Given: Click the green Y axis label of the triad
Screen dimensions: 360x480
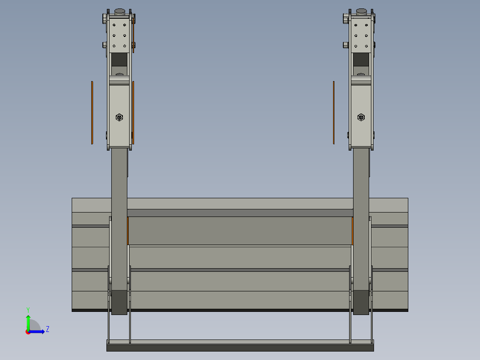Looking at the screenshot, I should pyautogui.click(x=28, y=309).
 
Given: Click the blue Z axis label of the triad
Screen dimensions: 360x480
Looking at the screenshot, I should pyautogui.click(x=47, y=329).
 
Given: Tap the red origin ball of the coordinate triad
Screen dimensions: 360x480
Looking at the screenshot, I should pyautogui.click(x=28, y=332).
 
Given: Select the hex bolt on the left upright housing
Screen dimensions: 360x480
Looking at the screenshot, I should pyautogui.click(x=119, y=117).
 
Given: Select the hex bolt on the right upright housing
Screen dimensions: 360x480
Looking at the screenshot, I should pyautogui.click(x=361, y=117).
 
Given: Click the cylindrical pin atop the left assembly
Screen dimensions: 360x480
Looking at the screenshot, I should pyautogui.click(x=119, y=11).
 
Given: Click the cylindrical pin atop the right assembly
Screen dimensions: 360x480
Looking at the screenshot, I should pyautogui.click(x=361, y=11).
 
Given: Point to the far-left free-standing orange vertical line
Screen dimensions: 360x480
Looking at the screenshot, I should pyautogui.click(x=92, y=113).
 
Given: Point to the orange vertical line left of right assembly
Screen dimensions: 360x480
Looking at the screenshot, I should pyautogui.click(x=334, y=113).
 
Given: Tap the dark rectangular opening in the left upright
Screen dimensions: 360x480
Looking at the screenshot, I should pyautogui.click(x=119, y=60).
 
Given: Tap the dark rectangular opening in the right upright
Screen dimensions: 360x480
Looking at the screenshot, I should pyautogui.click(x=361, y=60).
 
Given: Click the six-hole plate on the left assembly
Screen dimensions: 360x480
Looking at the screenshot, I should pyautogui.click(x=119, y=35).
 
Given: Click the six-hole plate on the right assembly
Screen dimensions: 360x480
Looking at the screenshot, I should pyautogui.click(x=361, y=35).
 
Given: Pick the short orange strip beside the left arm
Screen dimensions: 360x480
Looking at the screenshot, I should pyautogui.click(x=128, y=231).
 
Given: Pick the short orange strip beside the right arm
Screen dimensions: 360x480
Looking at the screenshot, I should pyautogui.click(x=352, y=231).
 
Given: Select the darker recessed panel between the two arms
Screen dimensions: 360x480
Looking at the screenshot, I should pyautogui.click(x=240, y=230).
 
